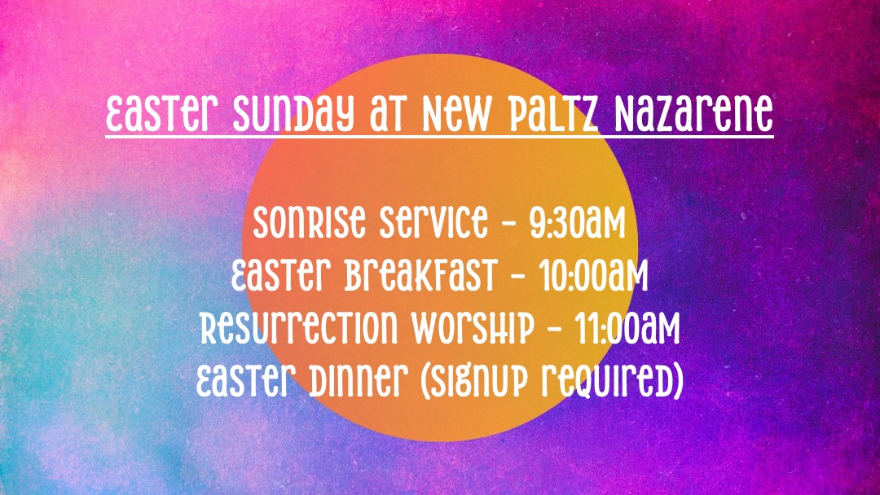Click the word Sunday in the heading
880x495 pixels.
(x=293, y=114)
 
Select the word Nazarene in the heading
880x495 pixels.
(x=693, y=114)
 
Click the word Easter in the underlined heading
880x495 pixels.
(x=161, y=114)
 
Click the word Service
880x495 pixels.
(x=433, y=222)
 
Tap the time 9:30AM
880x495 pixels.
(x=578, y=222)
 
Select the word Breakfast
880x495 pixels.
(x=421, y=274)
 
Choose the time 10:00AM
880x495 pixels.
(x=593, y=274)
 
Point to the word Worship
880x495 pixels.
(x=473, y=327)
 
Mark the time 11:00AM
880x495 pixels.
(x=627, y=327)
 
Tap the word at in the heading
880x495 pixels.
(x=388, y=115)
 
